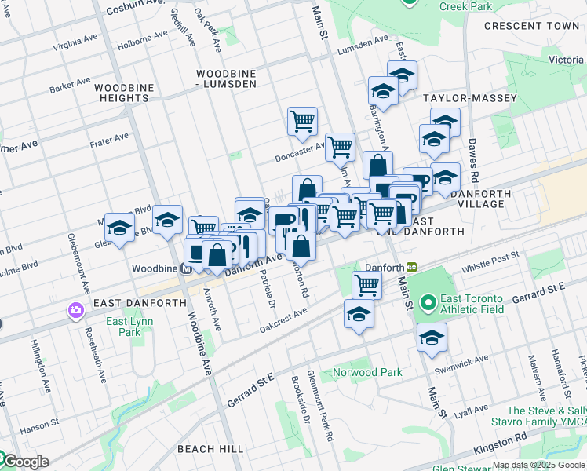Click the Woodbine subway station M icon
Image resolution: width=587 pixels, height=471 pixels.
[x=186, y=268]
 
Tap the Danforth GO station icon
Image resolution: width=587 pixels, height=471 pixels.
[x=410, y=268]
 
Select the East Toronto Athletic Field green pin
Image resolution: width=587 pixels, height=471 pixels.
[x=428, y=302]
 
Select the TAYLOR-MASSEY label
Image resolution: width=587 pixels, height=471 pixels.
[x=470, y=98]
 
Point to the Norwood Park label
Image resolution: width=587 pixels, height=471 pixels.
[x=367, y=372]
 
